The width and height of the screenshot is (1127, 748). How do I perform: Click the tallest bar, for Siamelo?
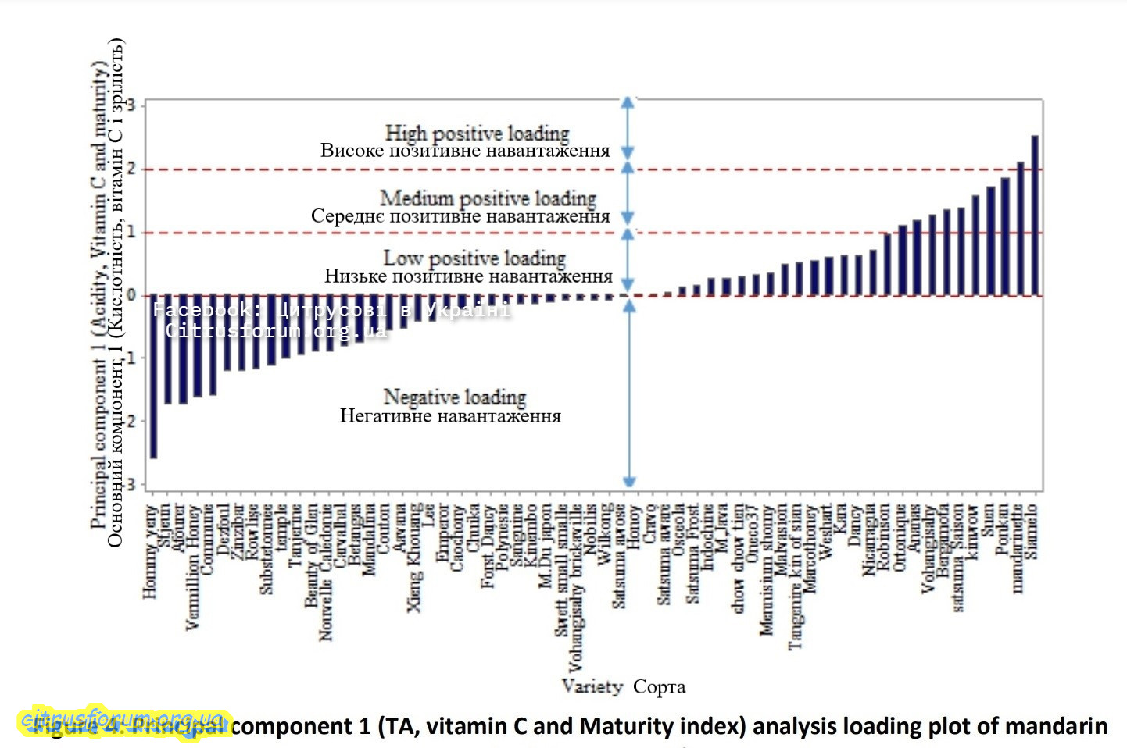tap(1035, 215)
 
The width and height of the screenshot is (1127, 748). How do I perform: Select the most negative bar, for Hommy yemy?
tap(154, 376)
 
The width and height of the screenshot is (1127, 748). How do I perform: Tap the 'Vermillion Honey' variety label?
tap(193, 566)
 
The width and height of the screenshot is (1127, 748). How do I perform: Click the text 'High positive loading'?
tap(477, 133)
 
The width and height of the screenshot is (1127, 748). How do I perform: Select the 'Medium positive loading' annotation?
tap(488, 198)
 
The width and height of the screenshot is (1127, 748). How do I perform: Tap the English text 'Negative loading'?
tap(454, 397)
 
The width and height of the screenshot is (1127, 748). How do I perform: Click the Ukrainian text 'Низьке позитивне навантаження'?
tap(468, 276)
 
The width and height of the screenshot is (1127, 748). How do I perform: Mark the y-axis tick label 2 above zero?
tap(132, 169)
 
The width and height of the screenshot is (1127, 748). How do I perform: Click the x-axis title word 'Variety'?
tap(592, 686)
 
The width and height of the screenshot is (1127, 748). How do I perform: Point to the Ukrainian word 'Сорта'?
tap(659, 687)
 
